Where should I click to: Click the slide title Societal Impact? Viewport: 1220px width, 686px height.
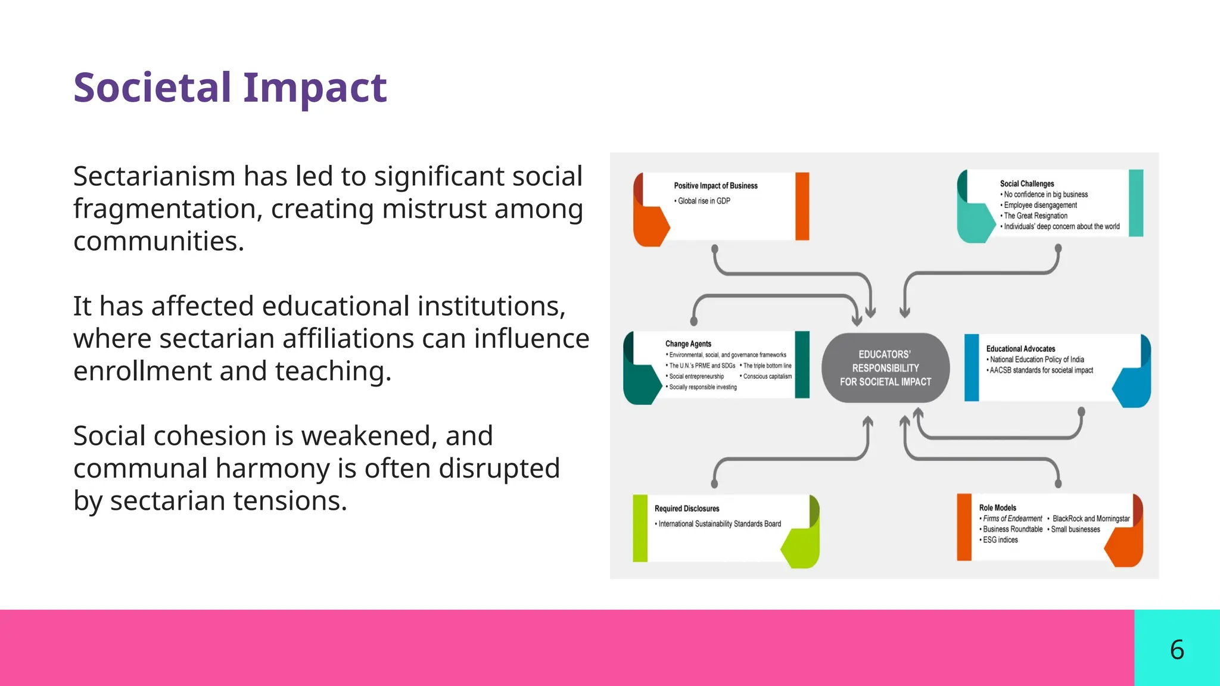(230, 88)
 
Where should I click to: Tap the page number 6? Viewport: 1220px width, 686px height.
(1177, 649)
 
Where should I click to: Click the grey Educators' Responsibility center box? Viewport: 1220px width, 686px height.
(885, 368)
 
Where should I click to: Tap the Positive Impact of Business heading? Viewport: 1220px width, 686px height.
(715, 186)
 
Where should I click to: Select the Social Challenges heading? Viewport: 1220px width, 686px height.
(1026, 184)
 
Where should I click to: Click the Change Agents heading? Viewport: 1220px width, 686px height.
(688, 344)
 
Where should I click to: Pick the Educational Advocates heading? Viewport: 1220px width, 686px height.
(1020, 349)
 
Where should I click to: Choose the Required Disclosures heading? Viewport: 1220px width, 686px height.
(687, 509)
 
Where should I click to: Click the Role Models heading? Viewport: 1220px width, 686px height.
(997, 508)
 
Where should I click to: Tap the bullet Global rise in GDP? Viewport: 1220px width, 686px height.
(704, 201)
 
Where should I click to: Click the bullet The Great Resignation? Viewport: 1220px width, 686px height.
(1035, 216)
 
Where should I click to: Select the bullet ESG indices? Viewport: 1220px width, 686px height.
(1000, 540)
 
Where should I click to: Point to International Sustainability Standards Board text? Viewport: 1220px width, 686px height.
(720, 524)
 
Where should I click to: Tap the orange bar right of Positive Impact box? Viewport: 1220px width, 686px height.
(802, 206)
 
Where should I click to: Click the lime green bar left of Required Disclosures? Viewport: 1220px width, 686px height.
(640, 528)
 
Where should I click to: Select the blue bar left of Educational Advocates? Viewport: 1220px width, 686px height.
(972, 367)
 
